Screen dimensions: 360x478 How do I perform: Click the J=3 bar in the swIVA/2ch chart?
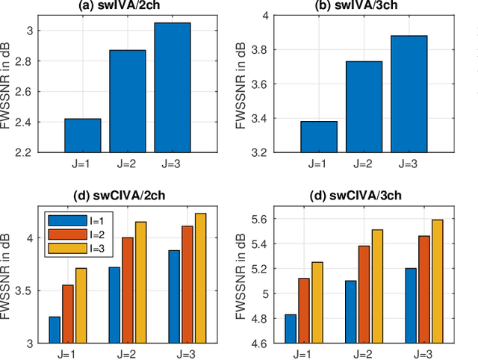[173, 87]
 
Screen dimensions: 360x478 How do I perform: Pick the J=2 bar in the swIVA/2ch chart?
[128, 101]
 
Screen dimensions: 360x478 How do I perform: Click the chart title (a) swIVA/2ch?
[128, 7]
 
